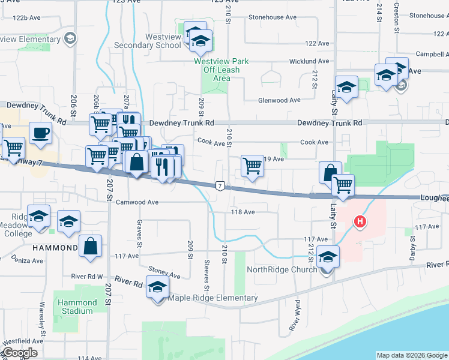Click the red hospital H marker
(x=360, y=222)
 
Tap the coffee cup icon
(x=40, y=133)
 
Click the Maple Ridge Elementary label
(x=213, y=298)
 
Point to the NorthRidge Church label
(x=282, y=269)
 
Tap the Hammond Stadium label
(x=77, y=307)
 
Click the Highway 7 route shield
(x=221, y=186)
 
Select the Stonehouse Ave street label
(x=274, y=17)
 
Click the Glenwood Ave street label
(x=279, y=100)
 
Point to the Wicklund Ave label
(x=309, y=61)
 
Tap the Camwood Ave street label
(x=137, y=202)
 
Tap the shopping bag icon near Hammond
(x=90, y=246)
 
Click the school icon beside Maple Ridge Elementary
(x=157, y=290)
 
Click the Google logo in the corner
(x=19, y=353)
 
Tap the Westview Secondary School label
(x=155, y=41)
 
